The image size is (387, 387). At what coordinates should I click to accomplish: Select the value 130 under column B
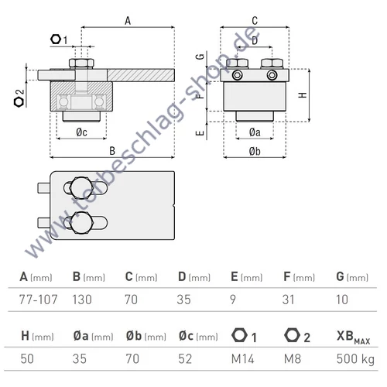click(x=82, y=298)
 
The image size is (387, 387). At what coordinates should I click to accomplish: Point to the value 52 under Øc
click(x=186, y=358)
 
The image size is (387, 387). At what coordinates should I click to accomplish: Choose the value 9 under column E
click(x=234, y=298)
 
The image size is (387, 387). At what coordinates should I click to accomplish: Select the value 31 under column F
click(x=288, y=298)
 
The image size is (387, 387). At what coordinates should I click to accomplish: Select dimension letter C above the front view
click(x=255, y=21)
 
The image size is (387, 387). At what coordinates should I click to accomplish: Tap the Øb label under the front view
click(x=255, y=150)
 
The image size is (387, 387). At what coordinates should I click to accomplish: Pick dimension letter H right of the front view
click(x=302, y=94)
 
